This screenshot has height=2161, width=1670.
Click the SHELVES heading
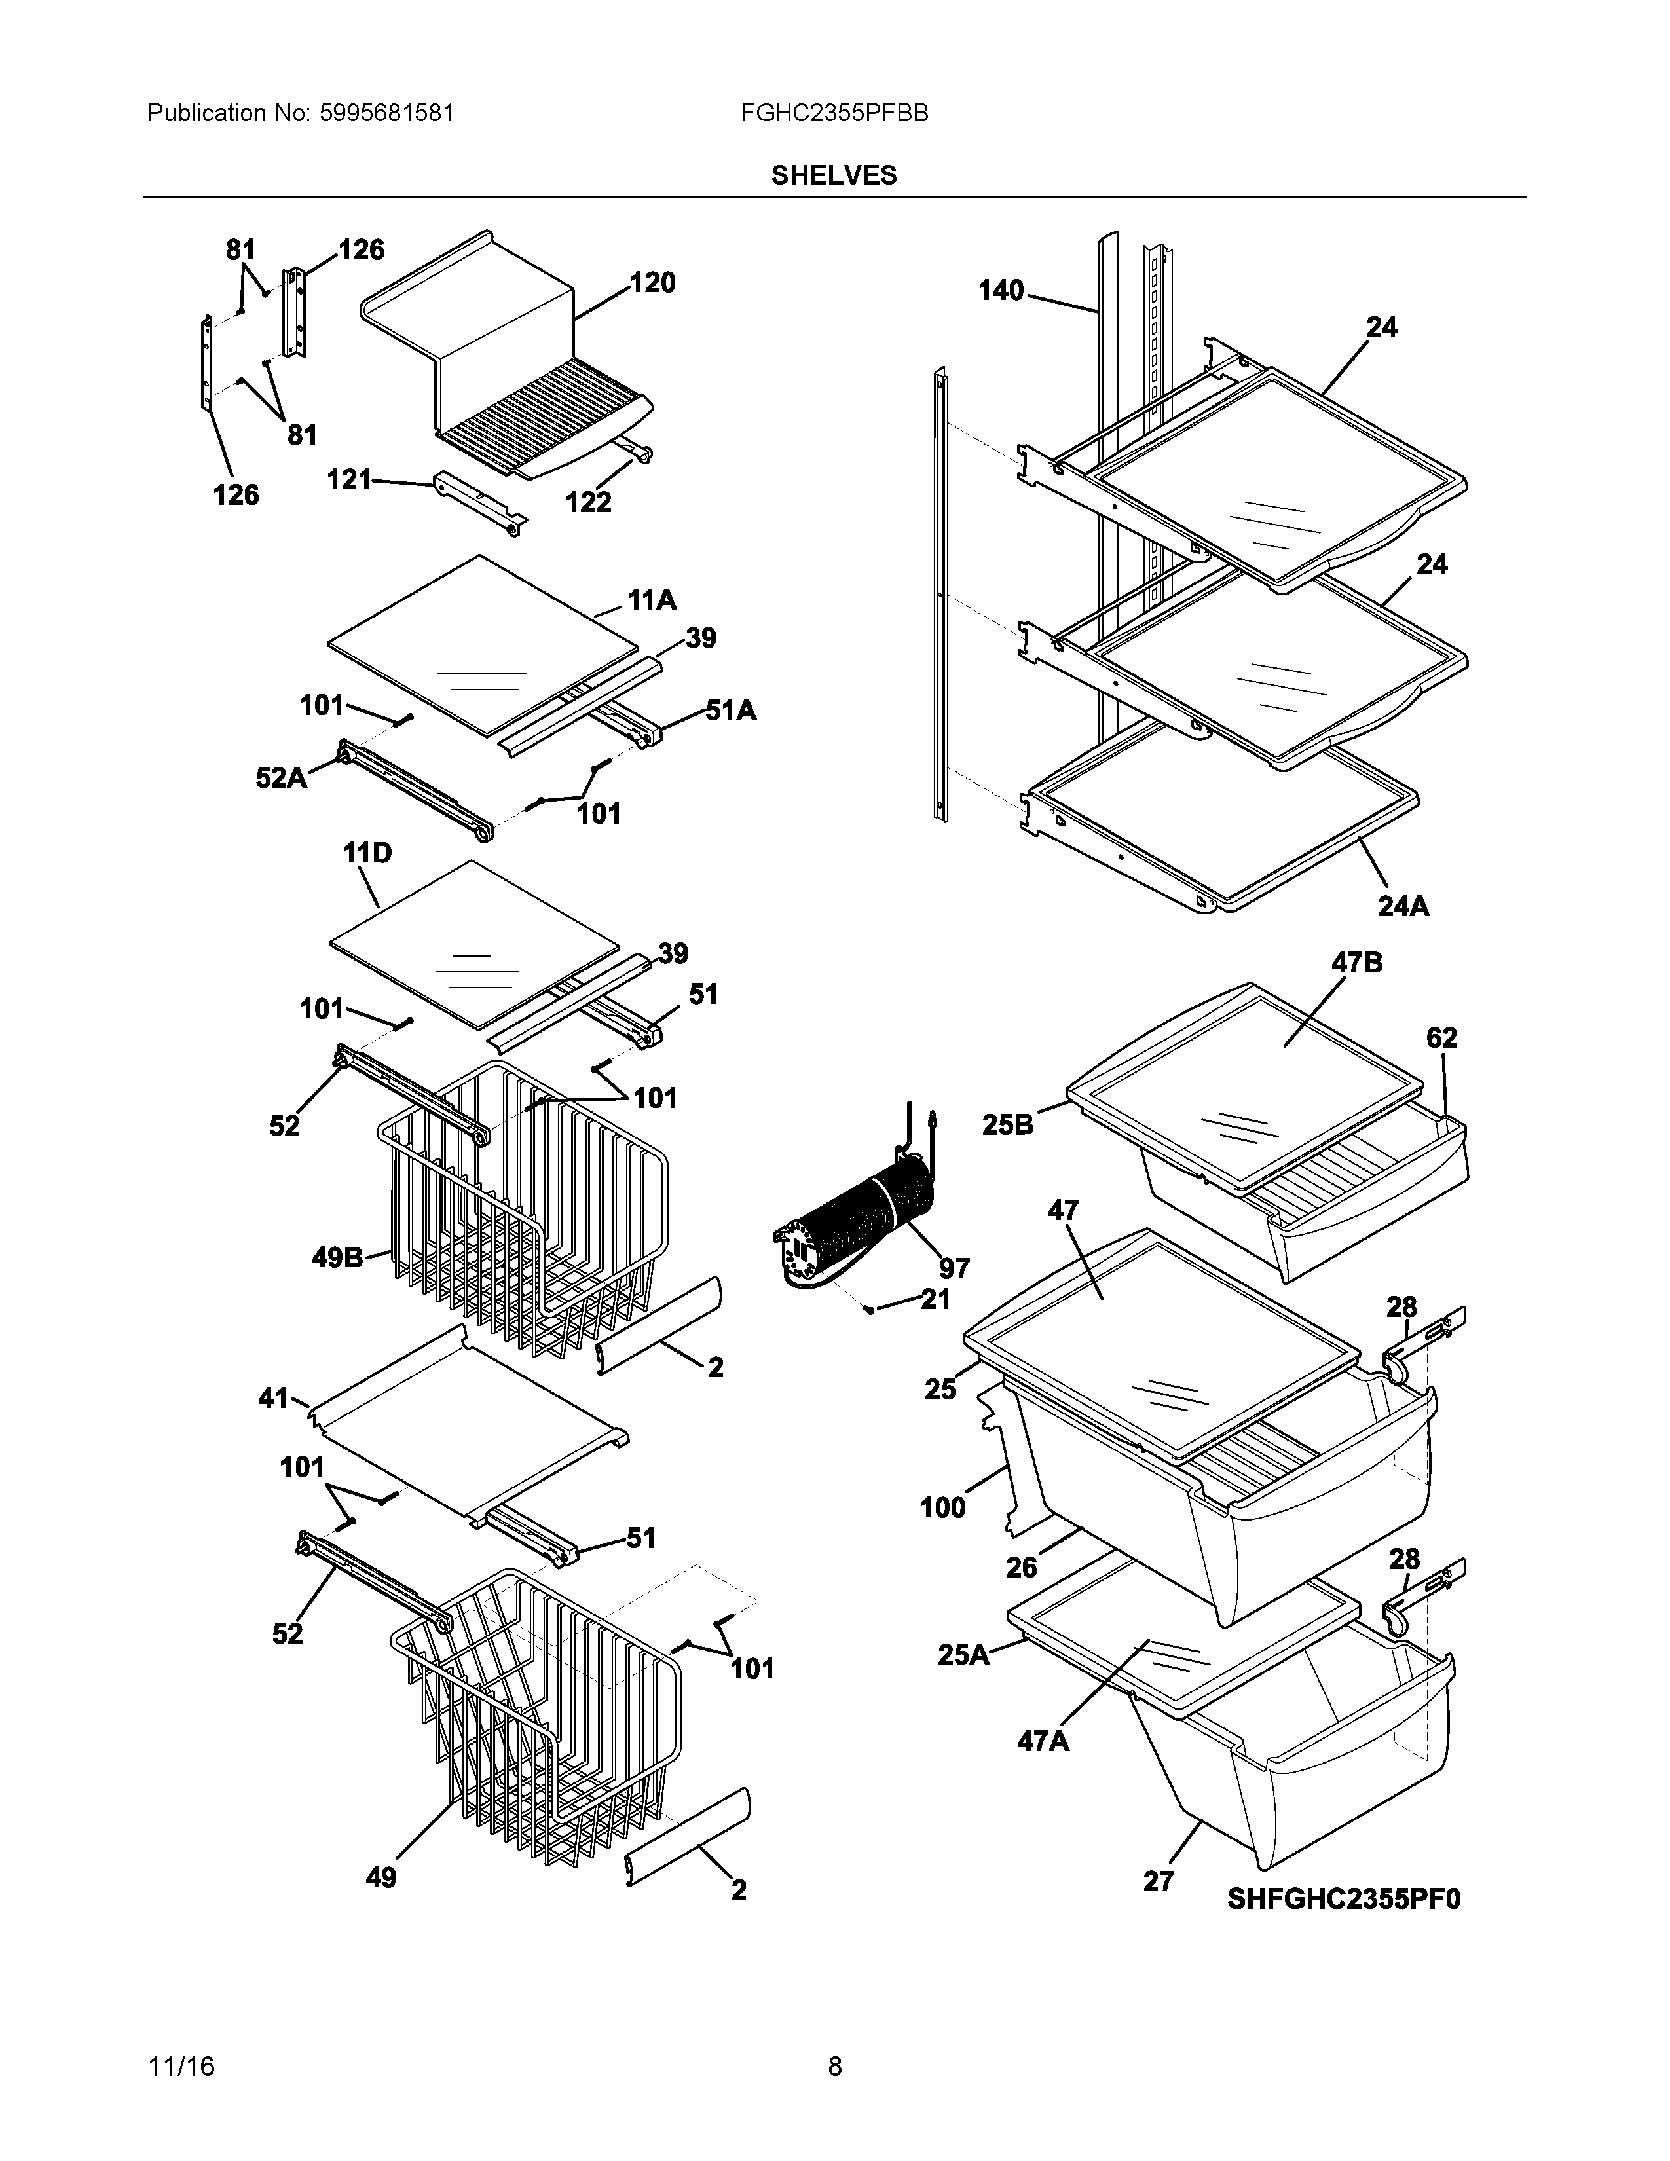click(x=833, y=175)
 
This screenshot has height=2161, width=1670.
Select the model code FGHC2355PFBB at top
click(x=833, y=113)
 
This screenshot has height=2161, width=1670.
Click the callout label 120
click(x=652, y=283)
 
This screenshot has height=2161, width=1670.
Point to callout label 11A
click(x=651, y=600)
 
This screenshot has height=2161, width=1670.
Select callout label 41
click(x=273, y=1398)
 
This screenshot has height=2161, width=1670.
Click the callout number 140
click(x=1001, y=291)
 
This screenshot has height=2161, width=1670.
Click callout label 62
click(x=1441, y=1038)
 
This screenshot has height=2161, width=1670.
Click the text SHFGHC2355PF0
click(x=1343, y=1899)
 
